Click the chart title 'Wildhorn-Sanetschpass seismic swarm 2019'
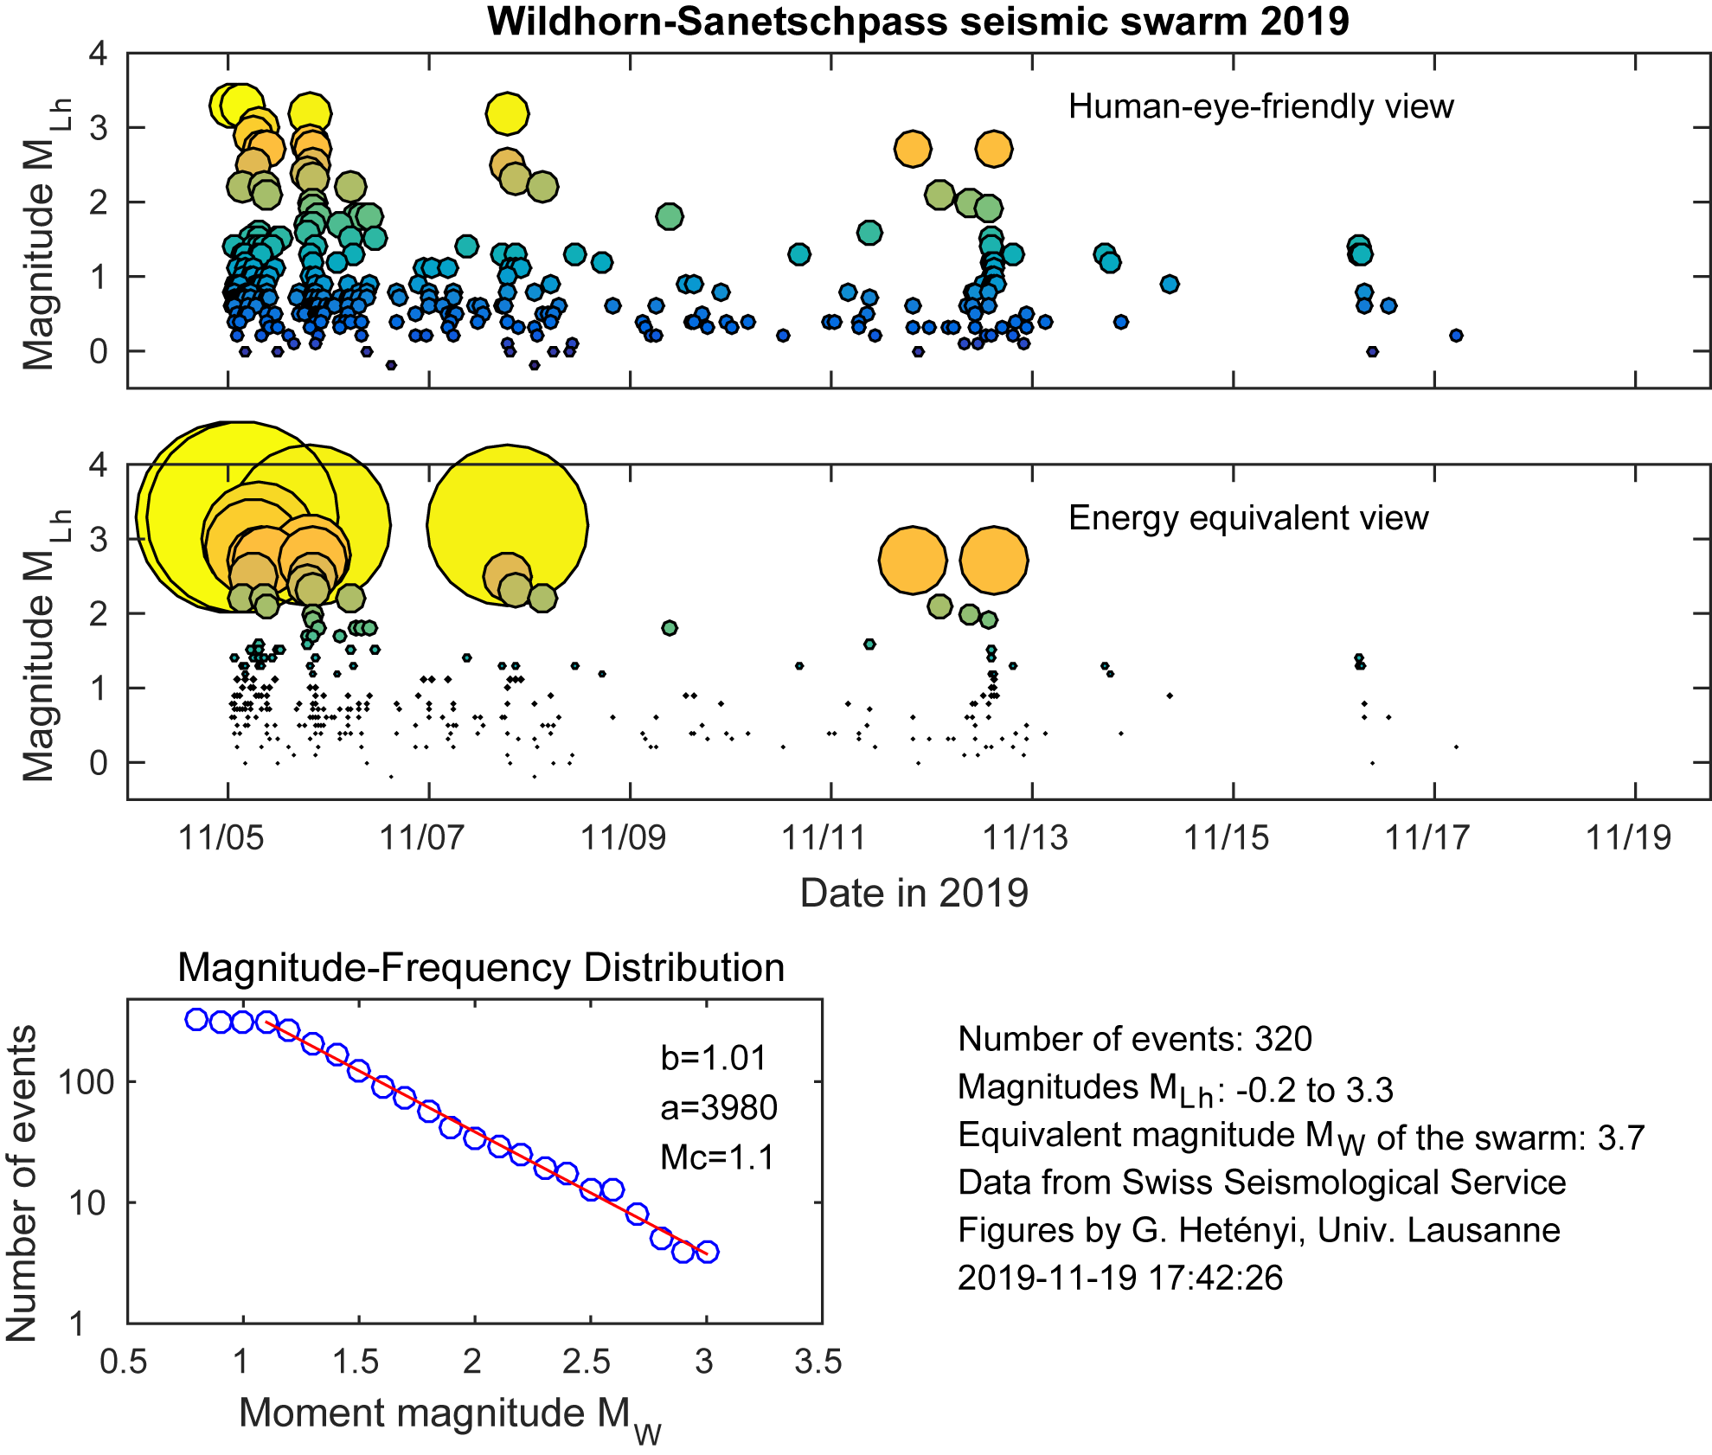[x=918, y=22]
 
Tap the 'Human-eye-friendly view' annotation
[x=1260, y=106]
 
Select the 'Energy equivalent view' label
[x=1248, y=518]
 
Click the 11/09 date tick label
[x=623, y=837]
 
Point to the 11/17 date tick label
[x=1427, y=837]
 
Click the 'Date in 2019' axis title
[x=914, y=893]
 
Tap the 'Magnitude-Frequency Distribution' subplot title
[x=481, y=967]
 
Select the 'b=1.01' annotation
[x=714, y=1058]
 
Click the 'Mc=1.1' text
[x=717, y=1157]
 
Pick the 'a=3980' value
[x=719, y=1107]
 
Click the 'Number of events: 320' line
[x=1135, y=1039]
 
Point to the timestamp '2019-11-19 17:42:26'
[x=1120, y=1278]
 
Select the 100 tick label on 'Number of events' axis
[x=87, y=1082]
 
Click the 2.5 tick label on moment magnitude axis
[x=587, y=1362]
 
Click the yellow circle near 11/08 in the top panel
[x=507, y=113]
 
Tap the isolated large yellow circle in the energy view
[x=508, y=523]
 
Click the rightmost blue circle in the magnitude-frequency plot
[x=707, y=1252]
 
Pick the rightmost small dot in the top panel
[x=1456, y=336]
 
